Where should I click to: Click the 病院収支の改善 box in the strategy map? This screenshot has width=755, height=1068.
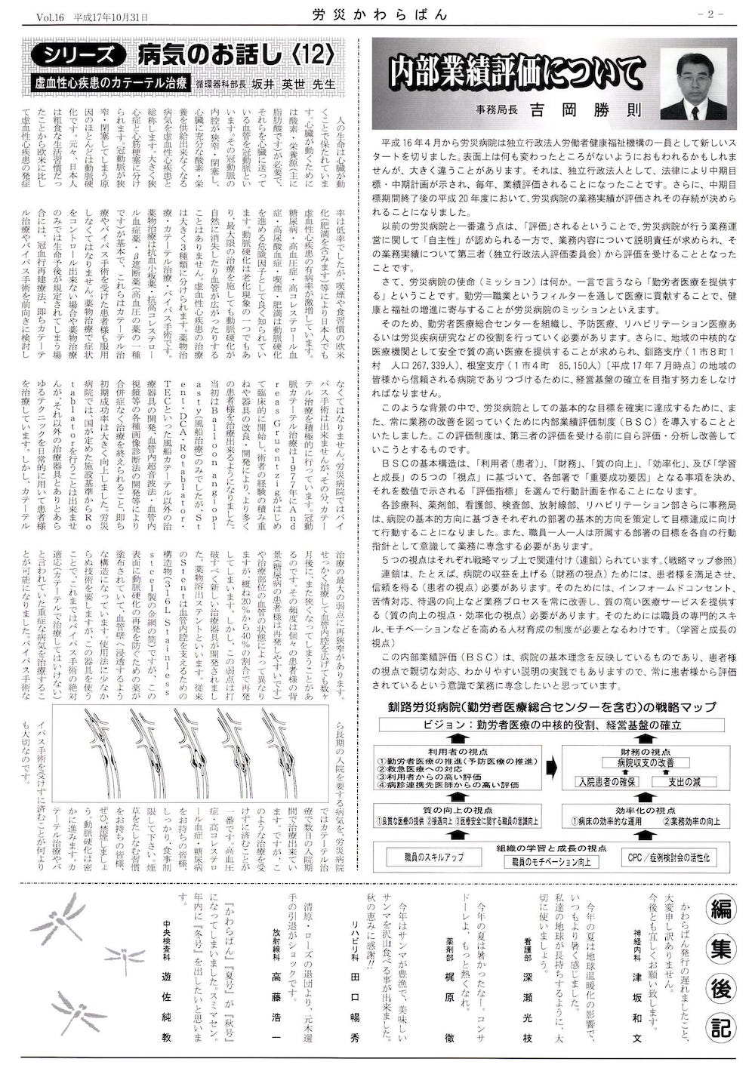[x=645, y=763]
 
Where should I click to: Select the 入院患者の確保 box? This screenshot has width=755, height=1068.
[x=607, y=781]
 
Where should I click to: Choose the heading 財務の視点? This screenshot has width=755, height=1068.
[x=645, y=750]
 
